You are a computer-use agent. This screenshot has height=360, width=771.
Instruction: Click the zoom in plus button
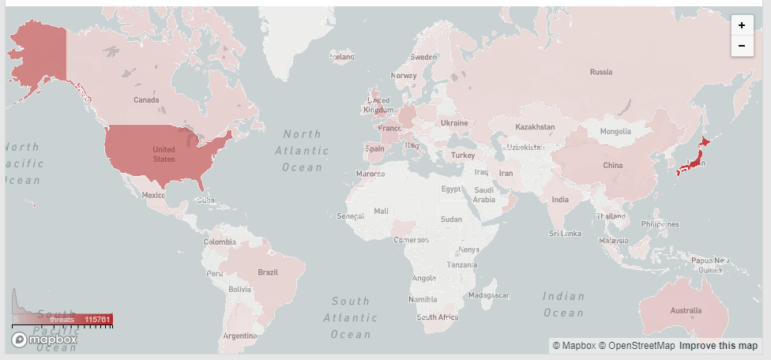(742, 25)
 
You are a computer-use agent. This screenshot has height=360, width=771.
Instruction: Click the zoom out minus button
(742, 46)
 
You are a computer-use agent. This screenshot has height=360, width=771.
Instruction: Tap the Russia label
(601, 73)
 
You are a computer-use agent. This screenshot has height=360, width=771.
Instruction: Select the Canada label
(146, 100)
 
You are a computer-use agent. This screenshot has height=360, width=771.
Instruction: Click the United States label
(164, 154)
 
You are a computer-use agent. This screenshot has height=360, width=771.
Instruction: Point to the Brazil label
(268, 272)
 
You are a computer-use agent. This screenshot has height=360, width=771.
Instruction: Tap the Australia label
(685, 311)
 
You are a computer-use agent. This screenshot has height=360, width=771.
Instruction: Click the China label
(613, 166)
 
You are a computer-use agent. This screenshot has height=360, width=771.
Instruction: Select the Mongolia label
(615, 131)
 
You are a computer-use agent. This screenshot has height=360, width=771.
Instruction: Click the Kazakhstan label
(535, 127)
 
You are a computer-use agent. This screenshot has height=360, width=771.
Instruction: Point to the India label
(559, 200)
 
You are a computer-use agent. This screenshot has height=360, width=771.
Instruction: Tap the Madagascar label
(487, 295)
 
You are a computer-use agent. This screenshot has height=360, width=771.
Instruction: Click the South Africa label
(438, 317)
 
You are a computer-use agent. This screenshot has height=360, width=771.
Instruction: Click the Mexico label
(153, 195)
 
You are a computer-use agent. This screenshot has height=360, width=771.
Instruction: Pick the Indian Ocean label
(563, 305)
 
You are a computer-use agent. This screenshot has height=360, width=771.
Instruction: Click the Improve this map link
(718, 346)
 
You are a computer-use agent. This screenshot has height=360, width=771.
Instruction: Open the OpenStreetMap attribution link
(636, 346)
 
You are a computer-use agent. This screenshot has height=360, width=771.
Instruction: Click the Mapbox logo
(44, 339)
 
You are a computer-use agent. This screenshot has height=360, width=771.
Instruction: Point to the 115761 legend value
(98, 320)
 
